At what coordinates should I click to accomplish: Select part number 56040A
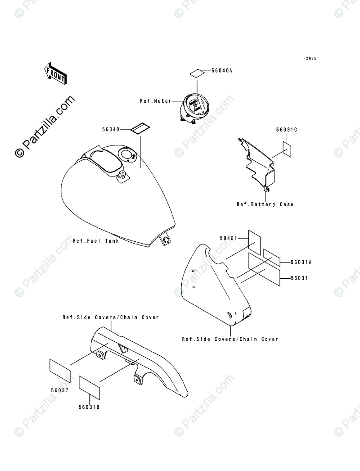coord(219,71)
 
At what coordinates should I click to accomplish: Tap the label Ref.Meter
coord(156,101)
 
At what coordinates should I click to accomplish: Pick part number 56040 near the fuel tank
coord(110,129)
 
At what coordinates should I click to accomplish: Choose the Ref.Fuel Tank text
coord(96,241)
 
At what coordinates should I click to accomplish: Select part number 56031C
coord(286,130)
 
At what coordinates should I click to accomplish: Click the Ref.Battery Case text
coord(265,204)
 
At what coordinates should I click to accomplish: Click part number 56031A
coord(301,262)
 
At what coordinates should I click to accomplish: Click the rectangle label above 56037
coord(59,370)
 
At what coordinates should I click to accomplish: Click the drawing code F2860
coord(310,59)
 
